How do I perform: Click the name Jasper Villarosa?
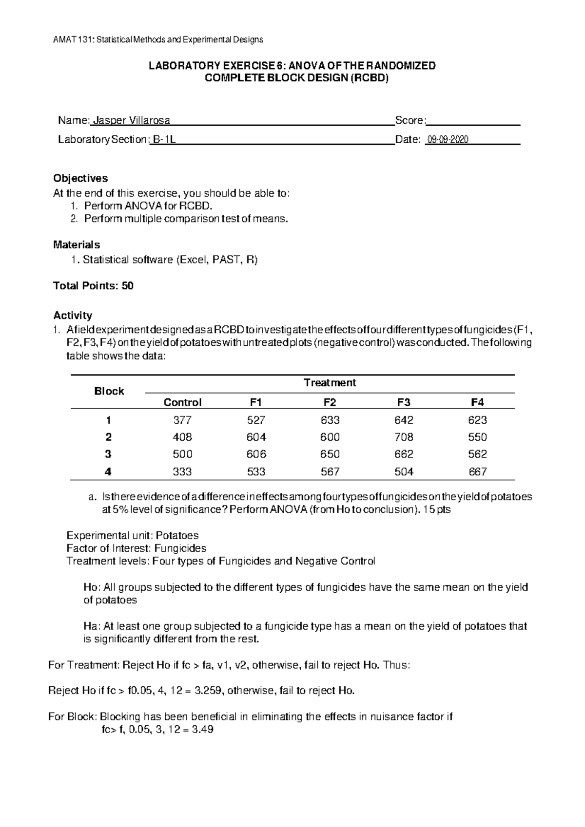pos(131,120)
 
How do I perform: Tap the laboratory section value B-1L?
pos(164,140)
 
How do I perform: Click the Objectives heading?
pos(80,178)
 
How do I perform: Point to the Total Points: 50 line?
pos(93,286)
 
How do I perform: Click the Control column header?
pos(182,402)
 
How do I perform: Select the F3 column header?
pos(404,402)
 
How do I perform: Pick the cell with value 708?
pos(404,437)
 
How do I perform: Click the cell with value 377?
pos(182,420)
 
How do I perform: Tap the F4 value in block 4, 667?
pos(477,471)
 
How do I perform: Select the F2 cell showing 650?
pos(330,454)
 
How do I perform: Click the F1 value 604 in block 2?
pos(256,437)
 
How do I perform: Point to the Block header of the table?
pos(109,391)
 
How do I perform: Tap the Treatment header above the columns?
pos(330,383)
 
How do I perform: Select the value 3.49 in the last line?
pos(203,730)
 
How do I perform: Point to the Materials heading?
pos(77,244)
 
